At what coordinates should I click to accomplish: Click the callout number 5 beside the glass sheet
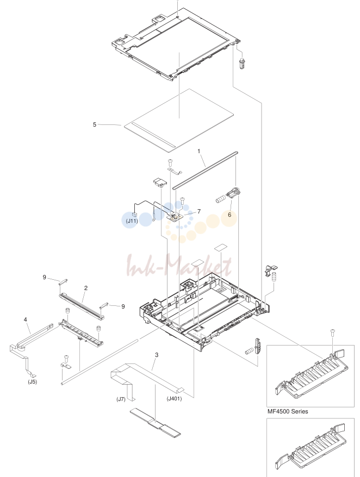[95, 124]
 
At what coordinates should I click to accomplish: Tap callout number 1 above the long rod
[199, 151]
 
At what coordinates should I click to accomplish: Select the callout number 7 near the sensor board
[199, 211]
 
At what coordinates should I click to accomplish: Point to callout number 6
[229, 215]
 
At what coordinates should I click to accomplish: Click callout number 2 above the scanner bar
[86, 288]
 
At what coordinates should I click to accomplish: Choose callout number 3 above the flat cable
[157, 355]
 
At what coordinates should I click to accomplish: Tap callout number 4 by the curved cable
[26, 319]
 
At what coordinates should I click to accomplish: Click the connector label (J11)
[132, 221]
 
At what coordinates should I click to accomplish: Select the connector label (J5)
[32, 382]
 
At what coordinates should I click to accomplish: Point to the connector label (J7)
[121, 399]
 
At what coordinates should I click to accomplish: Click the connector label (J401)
[174, 399]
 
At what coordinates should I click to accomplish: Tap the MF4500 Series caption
[288, 411]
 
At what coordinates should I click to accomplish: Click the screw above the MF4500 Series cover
[333, 332]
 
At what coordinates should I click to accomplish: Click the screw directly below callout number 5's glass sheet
[171, 161]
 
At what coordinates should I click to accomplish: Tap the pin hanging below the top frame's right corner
[242, 64]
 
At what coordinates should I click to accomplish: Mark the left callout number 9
[45, 277]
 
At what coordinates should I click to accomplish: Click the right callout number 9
[123, 306]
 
